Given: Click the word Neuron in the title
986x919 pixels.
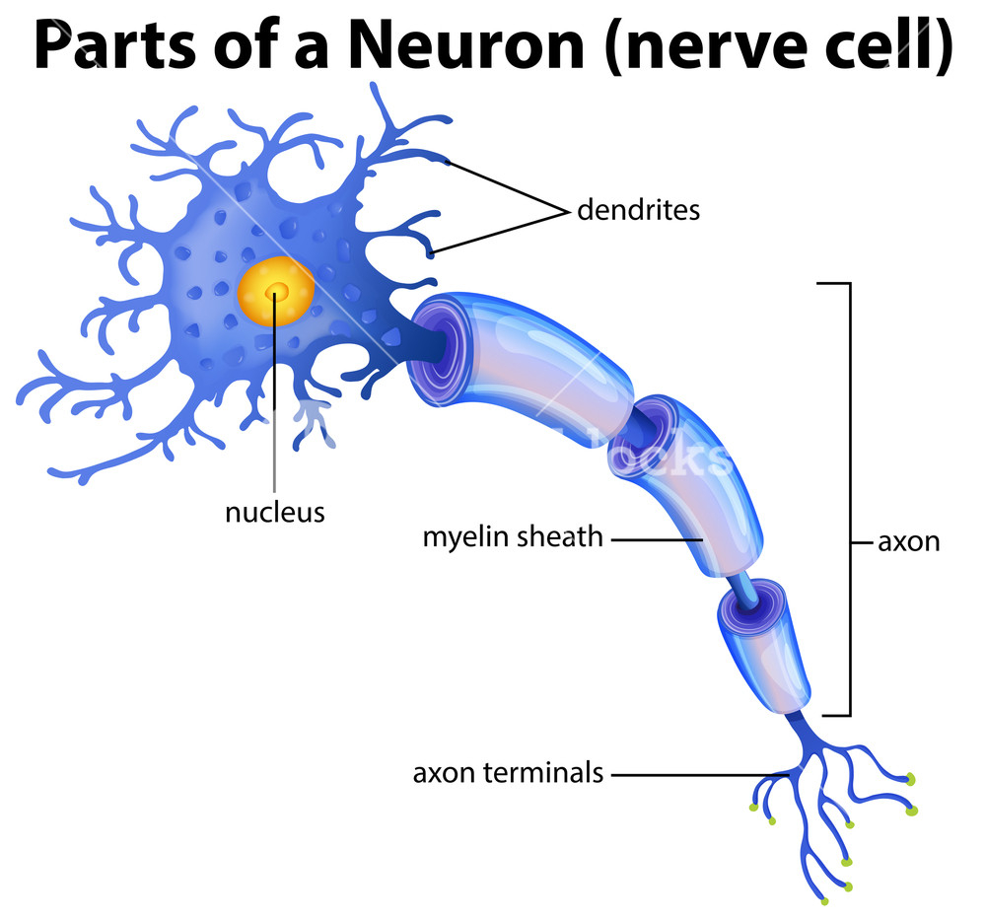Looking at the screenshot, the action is [x=466, y=46].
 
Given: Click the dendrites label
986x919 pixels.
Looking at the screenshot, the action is [x=638, y=209].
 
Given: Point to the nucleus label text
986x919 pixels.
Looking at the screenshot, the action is [x=275, y=512].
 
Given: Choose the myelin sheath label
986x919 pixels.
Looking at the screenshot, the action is [x=513, y=537].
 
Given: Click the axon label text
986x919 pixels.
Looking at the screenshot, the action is [x=909, y=541].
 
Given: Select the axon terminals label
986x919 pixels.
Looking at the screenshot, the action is [x=508, y=772].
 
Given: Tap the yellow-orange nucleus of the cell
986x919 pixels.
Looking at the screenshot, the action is [x=275, y=291].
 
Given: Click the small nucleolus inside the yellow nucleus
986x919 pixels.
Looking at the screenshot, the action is [x=276, y=291].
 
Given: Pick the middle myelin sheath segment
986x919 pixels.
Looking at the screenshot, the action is [x=686, y=484].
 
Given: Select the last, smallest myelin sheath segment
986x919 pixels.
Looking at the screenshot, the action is [x=763, y=645].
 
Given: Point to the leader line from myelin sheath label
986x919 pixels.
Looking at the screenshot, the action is [x=657, y=539].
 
